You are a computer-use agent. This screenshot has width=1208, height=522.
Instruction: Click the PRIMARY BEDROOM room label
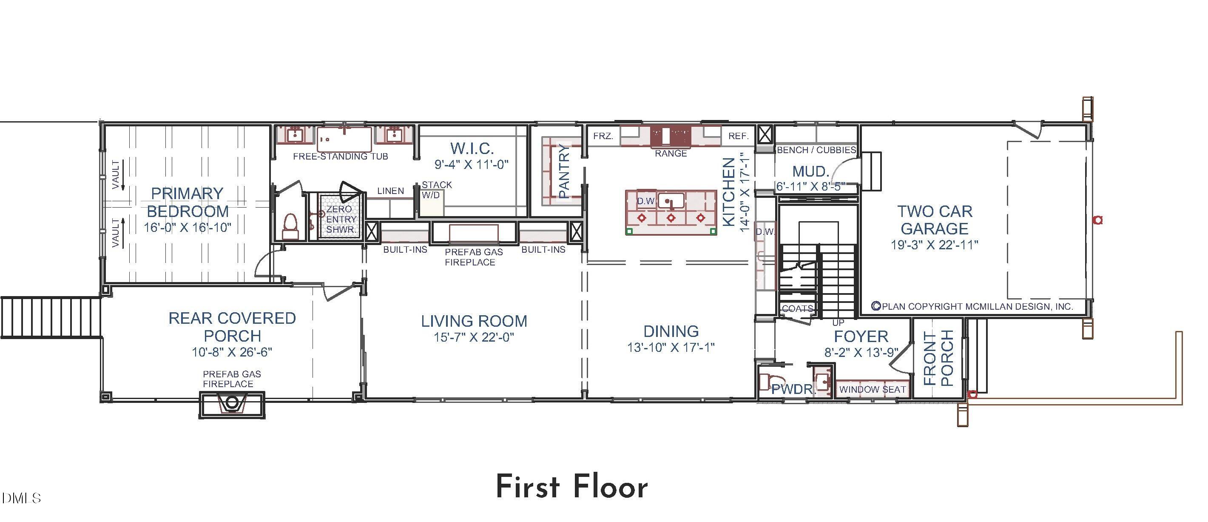pyautogui.click(x=187, y=202)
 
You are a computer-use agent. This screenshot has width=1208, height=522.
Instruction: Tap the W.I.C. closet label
pyautogui.click(x=472, y=148)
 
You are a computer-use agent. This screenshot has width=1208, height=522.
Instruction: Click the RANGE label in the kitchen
pyautogui.click(x=671, y=153)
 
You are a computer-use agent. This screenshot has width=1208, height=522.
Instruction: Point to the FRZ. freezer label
pyautogui.click(x=603, y=136)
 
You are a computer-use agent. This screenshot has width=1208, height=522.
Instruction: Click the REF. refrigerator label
pyautogui.click(x=738, y=136)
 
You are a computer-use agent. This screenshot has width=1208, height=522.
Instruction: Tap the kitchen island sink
pyautogui.click(x=671, y=202)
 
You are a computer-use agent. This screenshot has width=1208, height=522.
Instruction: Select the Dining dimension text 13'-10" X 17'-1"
pyautogui.click(x=671, y=348)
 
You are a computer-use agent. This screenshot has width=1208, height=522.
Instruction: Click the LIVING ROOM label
pyautogui.click(x=474, y=321)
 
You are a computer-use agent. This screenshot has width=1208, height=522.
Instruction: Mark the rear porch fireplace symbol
pyautogui.click(x=232, y=404)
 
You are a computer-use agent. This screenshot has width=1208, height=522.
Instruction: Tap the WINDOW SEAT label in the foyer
pyautogui.click(x=872, y=389)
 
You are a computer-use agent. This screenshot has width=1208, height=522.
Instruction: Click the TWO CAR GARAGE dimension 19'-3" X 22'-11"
pyautogui.click(x=934, y=245)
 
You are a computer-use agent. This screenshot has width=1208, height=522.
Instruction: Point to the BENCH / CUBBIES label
pyautogui.click(x=816, y=150)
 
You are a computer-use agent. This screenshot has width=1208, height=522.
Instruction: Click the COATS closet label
pyautogui.click(x=797, y=308)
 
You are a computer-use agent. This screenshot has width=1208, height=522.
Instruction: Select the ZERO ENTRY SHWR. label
pyautogui.click(x=341, y=219)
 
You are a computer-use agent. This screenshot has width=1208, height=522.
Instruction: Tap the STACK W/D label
pyautogui.click(x=436, y=189)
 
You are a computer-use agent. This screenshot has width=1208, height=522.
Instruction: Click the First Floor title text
pyautogui.click(x=571, y=487)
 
